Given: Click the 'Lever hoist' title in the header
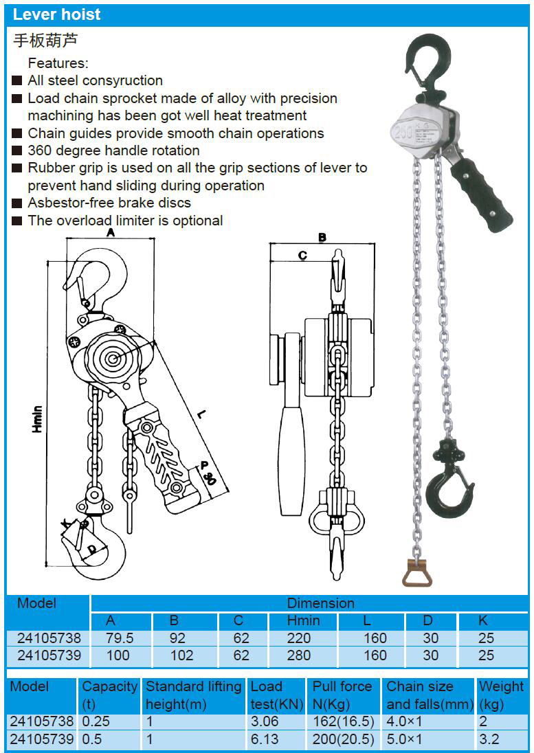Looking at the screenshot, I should tap(57, 14).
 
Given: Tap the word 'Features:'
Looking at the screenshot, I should tap(58, 63).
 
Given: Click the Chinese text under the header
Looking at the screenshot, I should tap(45, 41).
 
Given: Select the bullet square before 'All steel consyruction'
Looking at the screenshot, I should tap(17, 81).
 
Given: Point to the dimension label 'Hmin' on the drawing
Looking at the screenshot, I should tap(37, 419).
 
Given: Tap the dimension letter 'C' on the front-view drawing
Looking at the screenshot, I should tap(302, 255).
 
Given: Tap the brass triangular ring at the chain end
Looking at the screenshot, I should tap(417, 572).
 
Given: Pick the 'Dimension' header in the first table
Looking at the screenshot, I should tap(320, 603).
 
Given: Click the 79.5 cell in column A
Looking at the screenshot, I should tap(119, 638).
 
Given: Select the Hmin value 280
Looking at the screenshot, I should tap(299, 655).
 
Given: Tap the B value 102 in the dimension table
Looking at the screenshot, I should tap(182, 655).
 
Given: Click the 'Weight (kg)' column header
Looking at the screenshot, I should tap(501, 695).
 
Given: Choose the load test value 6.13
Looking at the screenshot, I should tap(265, 739).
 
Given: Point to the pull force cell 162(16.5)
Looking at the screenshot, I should tap(343, 721).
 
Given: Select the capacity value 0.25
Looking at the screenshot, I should tap(96, 721).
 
